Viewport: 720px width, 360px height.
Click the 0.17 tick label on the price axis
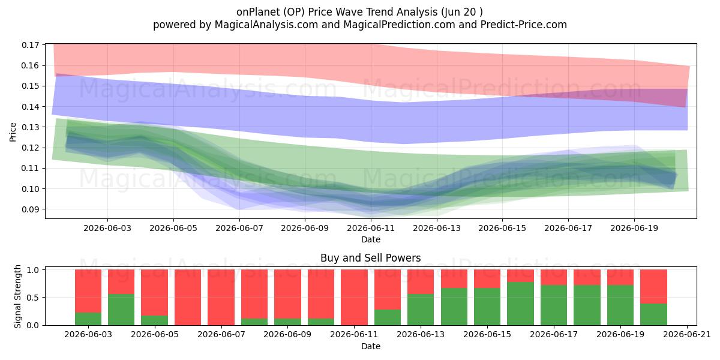pyautogui.click(x=30, y=45)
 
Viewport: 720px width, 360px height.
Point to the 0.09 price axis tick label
pyautogui.click(x=30, y=209)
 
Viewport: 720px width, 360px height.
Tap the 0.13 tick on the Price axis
pyautogui.click(x=30, y=127)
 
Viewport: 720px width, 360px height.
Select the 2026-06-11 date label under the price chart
pyautogui.click(x=371, y=228)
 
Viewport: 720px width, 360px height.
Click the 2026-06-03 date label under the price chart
pyautogui.click(x=107, y=228)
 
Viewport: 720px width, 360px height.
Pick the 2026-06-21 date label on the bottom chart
pyautogui.click(x=687, y=335)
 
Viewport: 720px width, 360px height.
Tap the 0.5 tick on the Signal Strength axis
pyautogui.click(x=32, y=298)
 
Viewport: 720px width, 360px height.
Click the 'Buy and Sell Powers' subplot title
pyautogui.click(x=371, y=258)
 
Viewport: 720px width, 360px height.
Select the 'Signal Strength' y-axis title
pyautogui.click(x=17, y=296)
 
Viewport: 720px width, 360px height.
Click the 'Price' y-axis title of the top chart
pyautogui.click(x=13, y=132)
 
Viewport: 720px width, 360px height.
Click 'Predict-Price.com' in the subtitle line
pyautogui.click(x=524, y=25)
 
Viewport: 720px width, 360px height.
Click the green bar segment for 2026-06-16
pyautogui.click(x=520, y=304)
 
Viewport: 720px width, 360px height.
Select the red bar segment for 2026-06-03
pyautogui.click(x=88, y=291)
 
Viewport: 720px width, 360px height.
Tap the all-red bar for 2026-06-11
pyautogui.click(x=354, y=298)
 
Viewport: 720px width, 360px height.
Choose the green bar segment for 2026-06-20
pyautogui.click(x=653, y=314)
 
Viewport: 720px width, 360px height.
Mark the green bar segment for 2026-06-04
pyautogui.click(x=121, y=310)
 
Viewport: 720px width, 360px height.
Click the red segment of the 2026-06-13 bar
pyautogui.click(x=421, y=282)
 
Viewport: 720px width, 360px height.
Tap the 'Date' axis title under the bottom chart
pyautogui.click(x=371, y=347)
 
